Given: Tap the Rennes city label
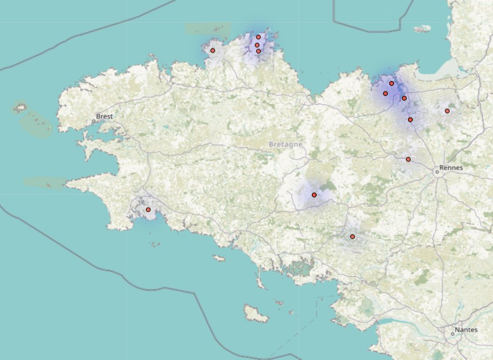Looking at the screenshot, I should tap(451, 168).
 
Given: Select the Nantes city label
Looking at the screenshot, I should tap(466, 329).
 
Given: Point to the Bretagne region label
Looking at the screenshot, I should tap(285, 145).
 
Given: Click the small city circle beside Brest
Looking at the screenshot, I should tap(94, 121).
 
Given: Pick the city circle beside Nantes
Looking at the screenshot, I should tap(453, 334).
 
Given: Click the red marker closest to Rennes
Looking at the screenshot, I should tap(408, 160).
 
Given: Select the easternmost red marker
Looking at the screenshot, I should tap(447, 111).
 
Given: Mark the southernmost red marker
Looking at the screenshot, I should tap(353, 236).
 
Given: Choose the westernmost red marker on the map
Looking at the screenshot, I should tap(148, 210).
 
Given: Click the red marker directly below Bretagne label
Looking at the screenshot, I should tap(314, 195).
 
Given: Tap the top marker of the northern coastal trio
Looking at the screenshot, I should tap(259, 37).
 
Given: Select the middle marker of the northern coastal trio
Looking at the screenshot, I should tap(257, 45).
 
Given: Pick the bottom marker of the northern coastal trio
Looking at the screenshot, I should tap(259, 52).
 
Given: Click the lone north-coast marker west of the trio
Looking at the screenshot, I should tap(212, 51).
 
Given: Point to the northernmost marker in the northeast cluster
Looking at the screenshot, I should tap(391, 83).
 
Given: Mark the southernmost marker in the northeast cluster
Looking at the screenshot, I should tap(410, 120).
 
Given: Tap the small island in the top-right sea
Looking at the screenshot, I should tap(423, 28).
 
